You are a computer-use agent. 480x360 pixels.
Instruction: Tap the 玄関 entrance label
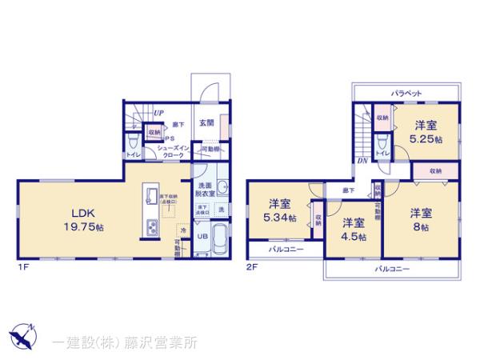tap(206, 122)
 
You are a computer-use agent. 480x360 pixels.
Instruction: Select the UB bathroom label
tap(202, 236)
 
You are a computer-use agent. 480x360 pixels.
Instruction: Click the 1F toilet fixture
tap(132, 143)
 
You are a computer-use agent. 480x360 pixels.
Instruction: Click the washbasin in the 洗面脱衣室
tap(222, 189)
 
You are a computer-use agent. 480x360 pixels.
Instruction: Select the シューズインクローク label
tap(172, 153)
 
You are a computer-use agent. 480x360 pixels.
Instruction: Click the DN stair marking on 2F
tap(362, 160)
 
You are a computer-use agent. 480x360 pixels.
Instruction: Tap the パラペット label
tap(406, 94)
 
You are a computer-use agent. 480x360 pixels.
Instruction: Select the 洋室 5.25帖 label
tap(425, 132)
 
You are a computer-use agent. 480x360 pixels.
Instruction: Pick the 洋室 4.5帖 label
tap(354, 230)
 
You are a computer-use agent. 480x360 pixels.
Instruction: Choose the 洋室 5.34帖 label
tap(279, 210)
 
